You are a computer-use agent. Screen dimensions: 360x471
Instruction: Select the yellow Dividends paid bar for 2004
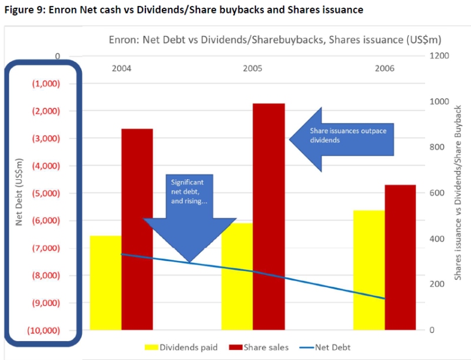point(106,282)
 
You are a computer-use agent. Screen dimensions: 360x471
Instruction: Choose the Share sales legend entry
point(259,347)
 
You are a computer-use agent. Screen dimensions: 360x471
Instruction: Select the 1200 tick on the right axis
point(439,56)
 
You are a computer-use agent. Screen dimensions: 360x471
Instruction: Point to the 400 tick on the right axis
point(436,239)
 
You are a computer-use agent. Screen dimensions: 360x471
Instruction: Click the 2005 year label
point(253,69)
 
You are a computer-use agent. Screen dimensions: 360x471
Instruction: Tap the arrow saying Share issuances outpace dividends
point(341,139)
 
